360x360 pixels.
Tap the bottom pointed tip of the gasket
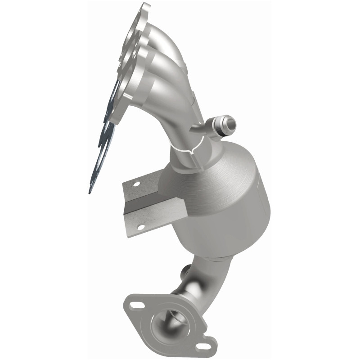pos(90,192)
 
